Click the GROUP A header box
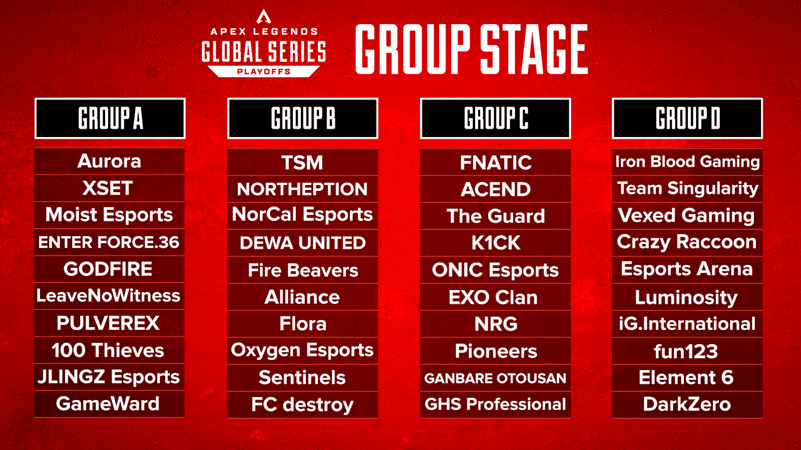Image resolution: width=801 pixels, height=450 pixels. point(110,118)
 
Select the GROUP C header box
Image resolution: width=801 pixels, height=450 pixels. point(495,118)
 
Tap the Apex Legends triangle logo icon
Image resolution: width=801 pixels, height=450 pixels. point(264,17)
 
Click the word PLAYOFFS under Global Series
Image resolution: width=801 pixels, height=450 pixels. point(264,71)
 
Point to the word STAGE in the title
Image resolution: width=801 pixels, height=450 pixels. point(534,49)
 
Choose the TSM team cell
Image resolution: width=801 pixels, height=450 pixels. point(302,162)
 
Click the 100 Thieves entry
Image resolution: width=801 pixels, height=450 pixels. point(109,350)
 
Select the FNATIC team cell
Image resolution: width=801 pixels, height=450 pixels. point(496,162)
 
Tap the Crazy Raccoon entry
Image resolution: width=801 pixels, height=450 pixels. point(687,242)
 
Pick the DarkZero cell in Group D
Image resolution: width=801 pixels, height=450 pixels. point(687,404)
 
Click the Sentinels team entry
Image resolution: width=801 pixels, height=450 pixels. point(302,377)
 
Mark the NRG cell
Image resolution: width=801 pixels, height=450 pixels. point(496,324)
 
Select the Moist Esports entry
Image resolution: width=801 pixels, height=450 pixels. point(109,215)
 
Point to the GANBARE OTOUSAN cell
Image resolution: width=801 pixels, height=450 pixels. point(496,378)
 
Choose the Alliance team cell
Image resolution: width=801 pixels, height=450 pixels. point(302,297)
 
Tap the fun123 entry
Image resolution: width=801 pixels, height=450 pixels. point(687,351)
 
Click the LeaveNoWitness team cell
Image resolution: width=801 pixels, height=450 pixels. point(109,296)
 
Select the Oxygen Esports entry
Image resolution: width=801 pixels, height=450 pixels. point(302,350)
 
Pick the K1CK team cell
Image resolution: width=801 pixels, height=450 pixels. point(496,243)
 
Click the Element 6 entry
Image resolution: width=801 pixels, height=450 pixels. point(687,377)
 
